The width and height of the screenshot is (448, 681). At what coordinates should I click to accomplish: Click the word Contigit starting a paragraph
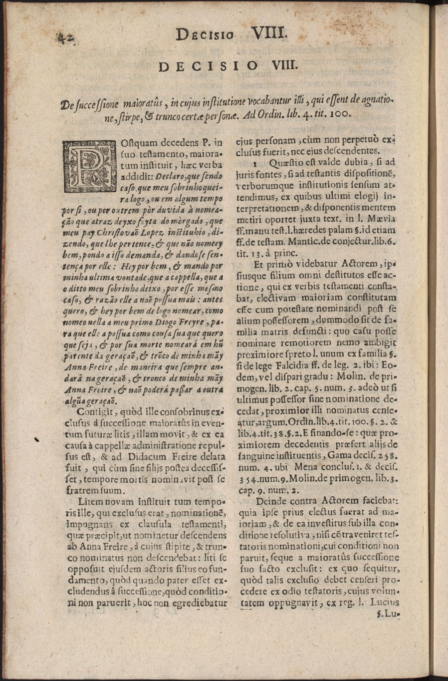[97, 412]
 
